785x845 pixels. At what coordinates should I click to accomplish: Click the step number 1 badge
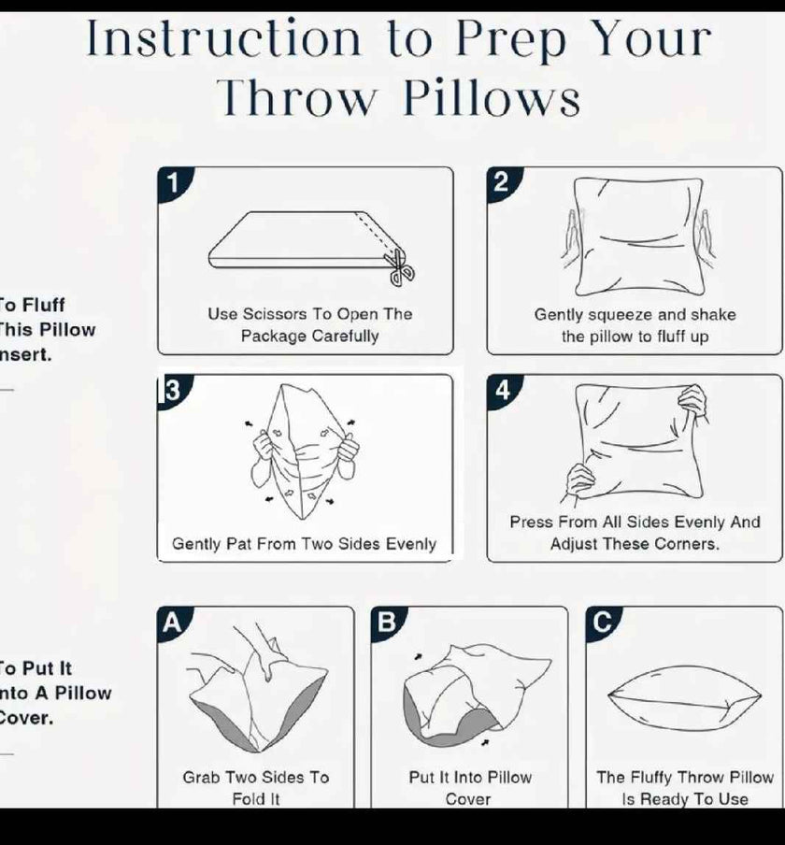(x=171, y=181)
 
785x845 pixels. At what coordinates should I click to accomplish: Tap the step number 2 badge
(x=501, y=181)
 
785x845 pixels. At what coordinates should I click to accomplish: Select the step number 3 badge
(x=170, y=390)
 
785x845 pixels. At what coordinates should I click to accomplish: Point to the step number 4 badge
(x=502, y=390)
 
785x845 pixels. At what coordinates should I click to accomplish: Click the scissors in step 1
(x=401, y=267)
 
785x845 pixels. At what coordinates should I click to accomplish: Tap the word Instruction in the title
(x=223, y=39)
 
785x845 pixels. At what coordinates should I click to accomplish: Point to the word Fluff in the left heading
(x=43, y=305)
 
